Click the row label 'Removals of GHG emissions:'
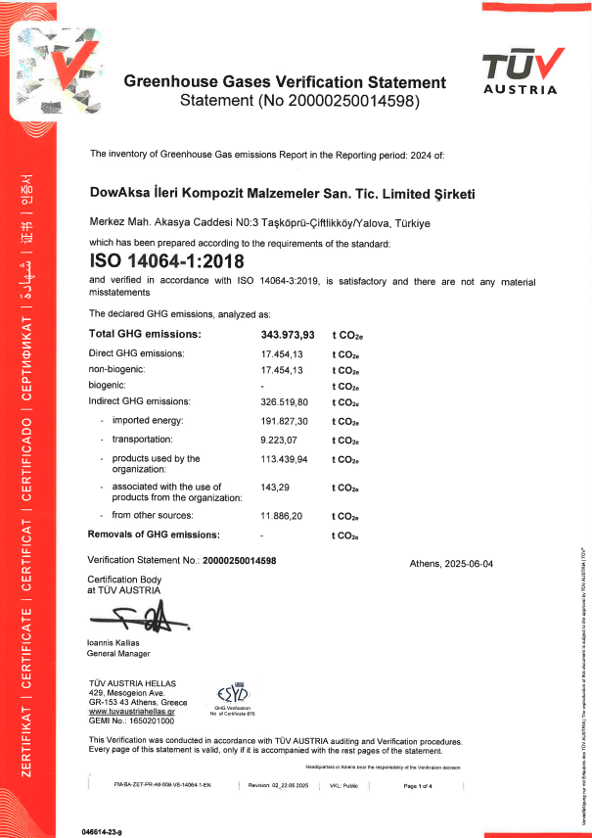pyautogui.click(x=154, y=535)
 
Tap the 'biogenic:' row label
pyautogui.click(x=111, y=386)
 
